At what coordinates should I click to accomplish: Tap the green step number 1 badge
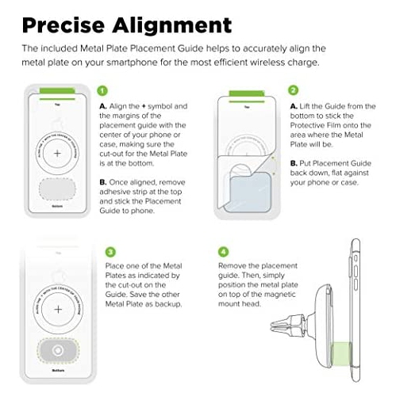click(x=102, y=92)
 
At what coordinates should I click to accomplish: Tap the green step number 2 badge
click(x=294, y=92)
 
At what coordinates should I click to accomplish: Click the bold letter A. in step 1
click(x=103, y=106)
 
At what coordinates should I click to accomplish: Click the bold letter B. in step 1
click(x=103, y=181)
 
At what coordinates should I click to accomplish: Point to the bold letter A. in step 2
click(x=294, y=106)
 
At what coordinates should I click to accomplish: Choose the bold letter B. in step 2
click(x=294, y=163)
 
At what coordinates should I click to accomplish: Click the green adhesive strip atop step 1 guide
click(x=53, y=89)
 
